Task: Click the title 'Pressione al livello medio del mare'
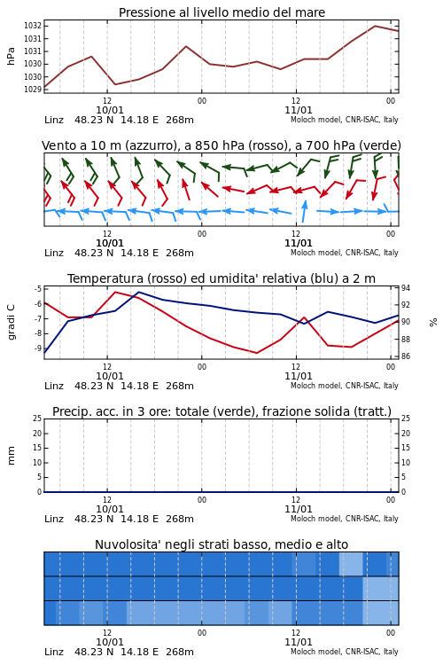click(221, 12)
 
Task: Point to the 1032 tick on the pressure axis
click(32, 26)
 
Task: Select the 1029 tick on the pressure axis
click(32, 89)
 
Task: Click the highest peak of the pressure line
click(375, 26)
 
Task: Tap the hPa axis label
click(11, 56)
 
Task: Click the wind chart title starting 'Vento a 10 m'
click(221, 145)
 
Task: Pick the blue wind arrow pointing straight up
click(304, 211)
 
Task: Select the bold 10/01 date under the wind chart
click(110, 243)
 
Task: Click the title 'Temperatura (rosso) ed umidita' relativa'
click(221, 278)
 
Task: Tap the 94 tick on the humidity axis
click(406, 288)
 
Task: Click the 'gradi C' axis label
click(11, 322)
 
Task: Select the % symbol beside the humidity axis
click(433, 323)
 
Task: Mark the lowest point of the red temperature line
click(257, 353)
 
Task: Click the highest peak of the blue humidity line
click(138, 292)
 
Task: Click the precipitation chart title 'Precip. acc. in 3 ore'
click(221, 411)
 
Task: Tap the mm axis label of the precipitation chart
click(11, 455)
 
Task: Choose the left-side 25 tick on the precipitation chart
click(37, 419)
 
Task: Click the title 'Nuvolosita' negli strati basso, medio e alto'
click(221, 544)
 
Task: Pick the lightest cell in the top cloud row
click(351, 564)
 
